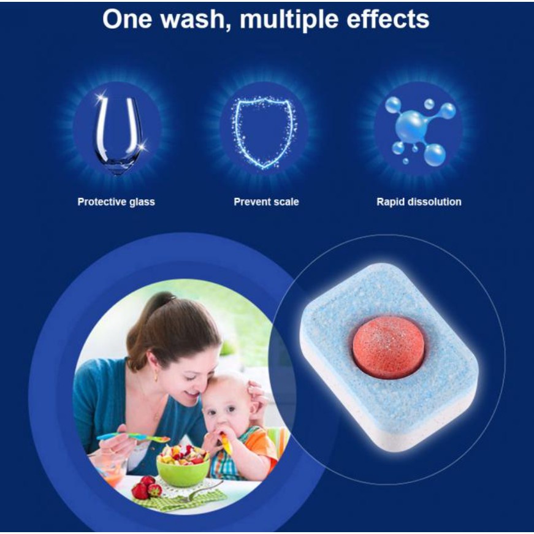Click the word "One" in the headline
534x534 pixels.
pyautogui.click(x=127, y=20)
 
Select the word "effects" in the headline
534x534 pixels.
pyautogui.click(x=388, y=19)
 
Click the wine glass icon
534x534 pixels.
pyautogui.click(x=118, y=134)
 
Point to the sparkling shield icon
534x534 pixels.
pyautogui.click(x=264, y=133)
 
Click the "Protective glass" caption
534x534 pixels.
pyautogui.click(x=116, y=202)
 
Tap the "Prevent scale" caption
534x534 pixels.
pyautogui.click(x=266, y=202)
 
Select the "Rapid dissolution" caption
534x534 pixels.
pyautogui.click(x=419, y=202)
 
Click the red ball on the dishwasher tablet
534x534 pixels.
pyautogui.click(x=388, y=347)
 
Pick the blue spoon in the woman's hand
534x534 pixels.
pyautogui.click(x=134, y=437)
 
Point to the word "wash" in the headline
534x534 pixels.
pyautogui.click(x=194, y=20)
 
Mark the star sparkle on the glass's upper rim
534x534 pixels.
pyautogui.click(x=100, y=99)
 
